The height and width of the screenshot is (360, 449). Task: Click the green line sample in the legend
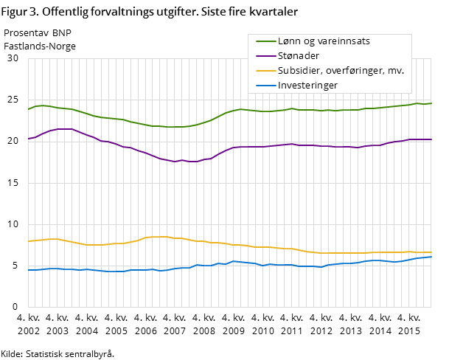tap(262, 41)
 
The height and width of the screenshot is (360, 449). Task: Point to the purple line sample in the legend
tap(262, 56)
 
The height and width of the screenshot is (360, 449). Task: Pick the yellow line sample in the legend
tap(262, 71)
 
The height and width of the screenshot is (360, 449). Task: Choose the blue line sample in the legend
tap(262, 86)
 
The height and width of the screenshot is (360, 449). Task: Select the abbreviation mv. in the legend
tap(396, 71)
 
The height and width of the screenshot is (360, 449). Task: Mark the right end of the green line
tap(431, 103)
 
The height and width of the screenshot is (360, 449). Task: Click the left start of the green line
tap(28, 110)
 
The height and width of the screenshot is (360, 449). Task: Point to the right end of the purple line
tap(431, 139)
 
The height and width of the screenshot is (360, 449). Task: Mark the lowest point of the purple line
tap(175, 162)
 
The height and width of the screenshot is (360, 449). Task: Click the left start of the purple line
tap(28, 139)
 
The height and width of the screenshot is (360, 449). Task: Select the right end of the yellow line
tap(431, 252)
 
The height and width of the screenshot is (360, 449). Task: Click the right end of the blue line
tap(431, 257)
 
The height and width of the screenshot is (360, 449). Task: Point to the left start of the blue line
tap(28, 270)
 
